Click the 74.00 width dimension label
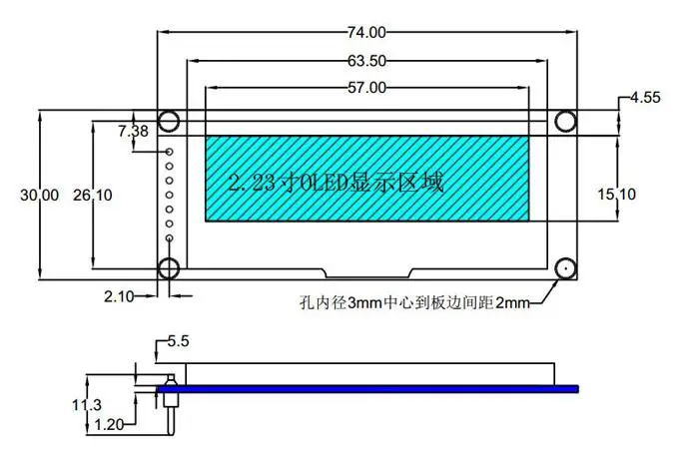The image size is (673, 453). (x=366, y=33)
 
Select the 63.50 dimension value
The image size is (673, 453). (x=366, y=61)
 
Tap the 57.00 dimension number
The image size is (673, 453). (x=366, y=88)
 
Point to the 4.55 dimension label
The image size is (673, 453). (x=645, y=98)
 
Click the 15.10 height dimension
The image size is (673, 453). (x=617, y=195)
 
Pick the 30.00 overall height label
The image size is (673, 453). (x=40, y=196)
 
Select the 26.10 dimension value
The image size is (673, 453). (x=92, y=196)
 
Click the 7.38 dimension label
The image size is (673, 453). (x=133, y=132)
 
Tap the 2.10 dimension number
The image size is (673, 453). (x=119, y=296)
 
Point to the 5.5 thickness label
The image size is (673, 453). (x=178, y=341)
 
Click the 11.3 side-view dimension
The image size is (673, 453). (x=87, y=405)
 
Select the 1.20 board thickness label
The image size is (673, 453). (x=109, y=425)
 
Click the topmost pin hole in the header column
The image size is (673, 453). (x=169, y=152)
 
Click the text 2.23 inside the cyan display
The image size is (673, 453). (x=252, y=183)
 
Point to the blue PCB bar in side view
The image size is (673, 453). (x=367, y=389)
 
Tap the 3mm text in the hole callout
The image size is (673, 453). (x=364, y=303)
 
